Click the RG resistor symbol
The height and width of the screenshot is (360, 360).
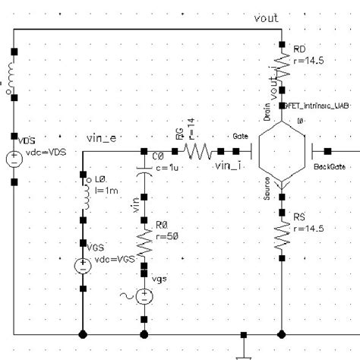[x=199, y=152]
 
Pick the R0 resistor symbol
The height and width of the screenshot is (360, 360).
[x=144, y=241]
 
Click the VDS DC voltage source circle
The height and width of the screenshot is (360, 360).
[x=14, y=159]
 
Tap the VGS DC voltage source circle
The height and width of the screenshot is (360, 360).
[x=81, y=265]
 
